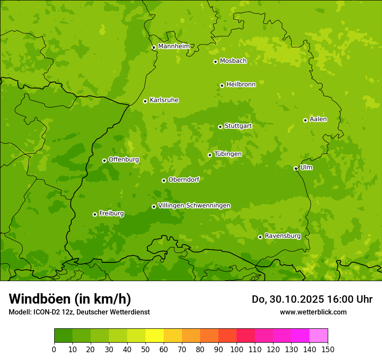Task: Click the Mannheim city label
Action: click(174, 46)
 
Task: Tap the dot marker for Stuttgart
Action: click(220, 127)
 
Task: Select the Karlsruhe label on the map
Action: click(164, 100)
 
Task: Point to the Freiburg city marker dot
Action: click(95, 214)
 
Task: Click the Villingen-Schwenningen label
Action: click(194, 206)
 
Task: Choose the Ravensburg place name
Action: click(283, 236)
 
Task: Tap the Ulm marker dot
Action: click(296, 168)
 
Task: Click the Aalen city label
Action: click(318, 119)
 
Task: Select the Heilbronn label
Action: click(241, 85)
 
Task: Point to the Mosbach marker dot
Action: click(215, 62)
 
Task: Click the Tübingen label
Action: click(228, 154)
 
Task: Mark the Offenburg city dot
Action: click(104, 160)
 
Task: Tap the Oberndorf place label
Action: click(184, 180)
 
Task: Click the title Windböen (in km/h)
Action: click(70, 299)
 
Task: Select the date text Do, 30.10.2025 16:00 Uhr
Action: click(312, 299)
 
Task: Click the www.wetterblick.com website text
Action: click(313, 312)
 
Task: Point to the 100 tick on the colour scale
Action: click(237, 349)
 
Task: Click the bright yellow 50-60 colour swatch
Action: click(155, 336)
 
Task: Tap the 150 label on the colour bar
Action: click(328, 349)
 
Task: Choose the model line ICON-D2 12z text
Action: click(79, 312)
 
